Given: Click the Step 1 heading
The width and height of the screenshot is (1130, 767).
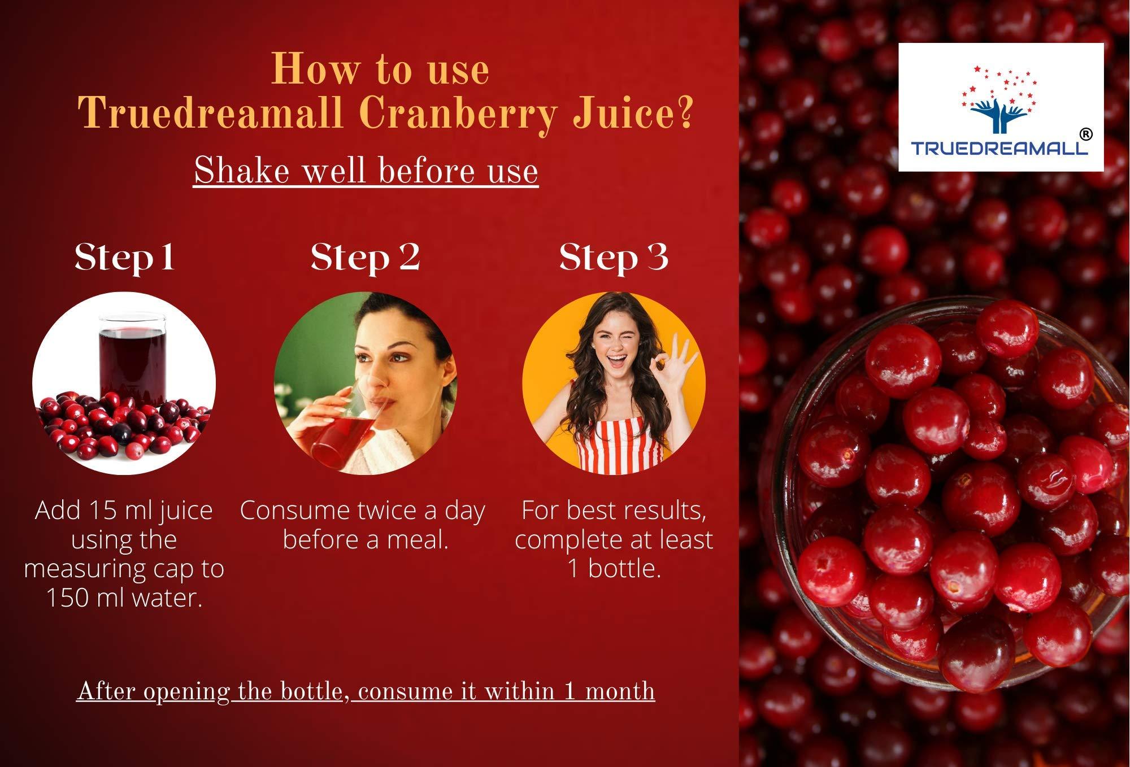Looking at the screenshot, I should coord(124,258).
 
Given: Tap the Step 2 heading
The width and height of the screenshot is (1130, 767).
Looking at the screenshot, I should coord(365,258).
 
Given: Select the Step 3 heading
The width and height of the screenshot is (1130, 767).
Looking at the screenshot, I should coord(614,258).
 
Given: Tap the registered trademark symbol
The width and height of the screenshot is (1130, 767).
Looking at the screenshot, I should coord(1085,134).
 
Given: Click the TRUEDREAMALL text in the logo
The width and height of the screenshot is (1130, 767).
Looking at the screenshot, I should coord(999,148).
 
